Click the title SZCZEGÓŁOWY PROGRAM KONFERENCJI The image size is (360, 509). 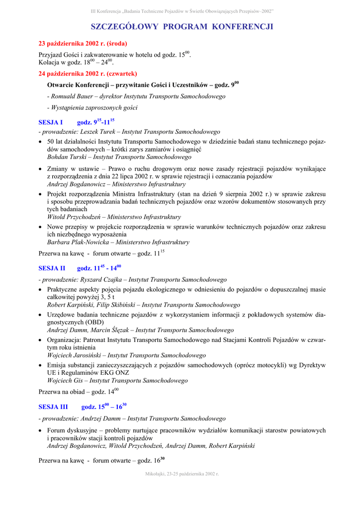click(182, 26)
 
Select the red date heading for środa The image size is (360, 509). click(83, 44)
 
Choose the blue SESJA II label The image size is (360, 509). click(52, 268)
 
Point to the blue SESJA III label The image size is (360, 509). click(53, 407)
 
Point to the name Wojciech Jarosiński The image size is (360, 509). click(75, 355)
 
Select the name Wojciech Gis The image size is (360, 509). click(66, 381)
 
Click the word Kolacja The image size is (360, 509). click(50, 63)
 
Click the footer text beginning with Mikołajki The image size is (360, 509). click(182, 474)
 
